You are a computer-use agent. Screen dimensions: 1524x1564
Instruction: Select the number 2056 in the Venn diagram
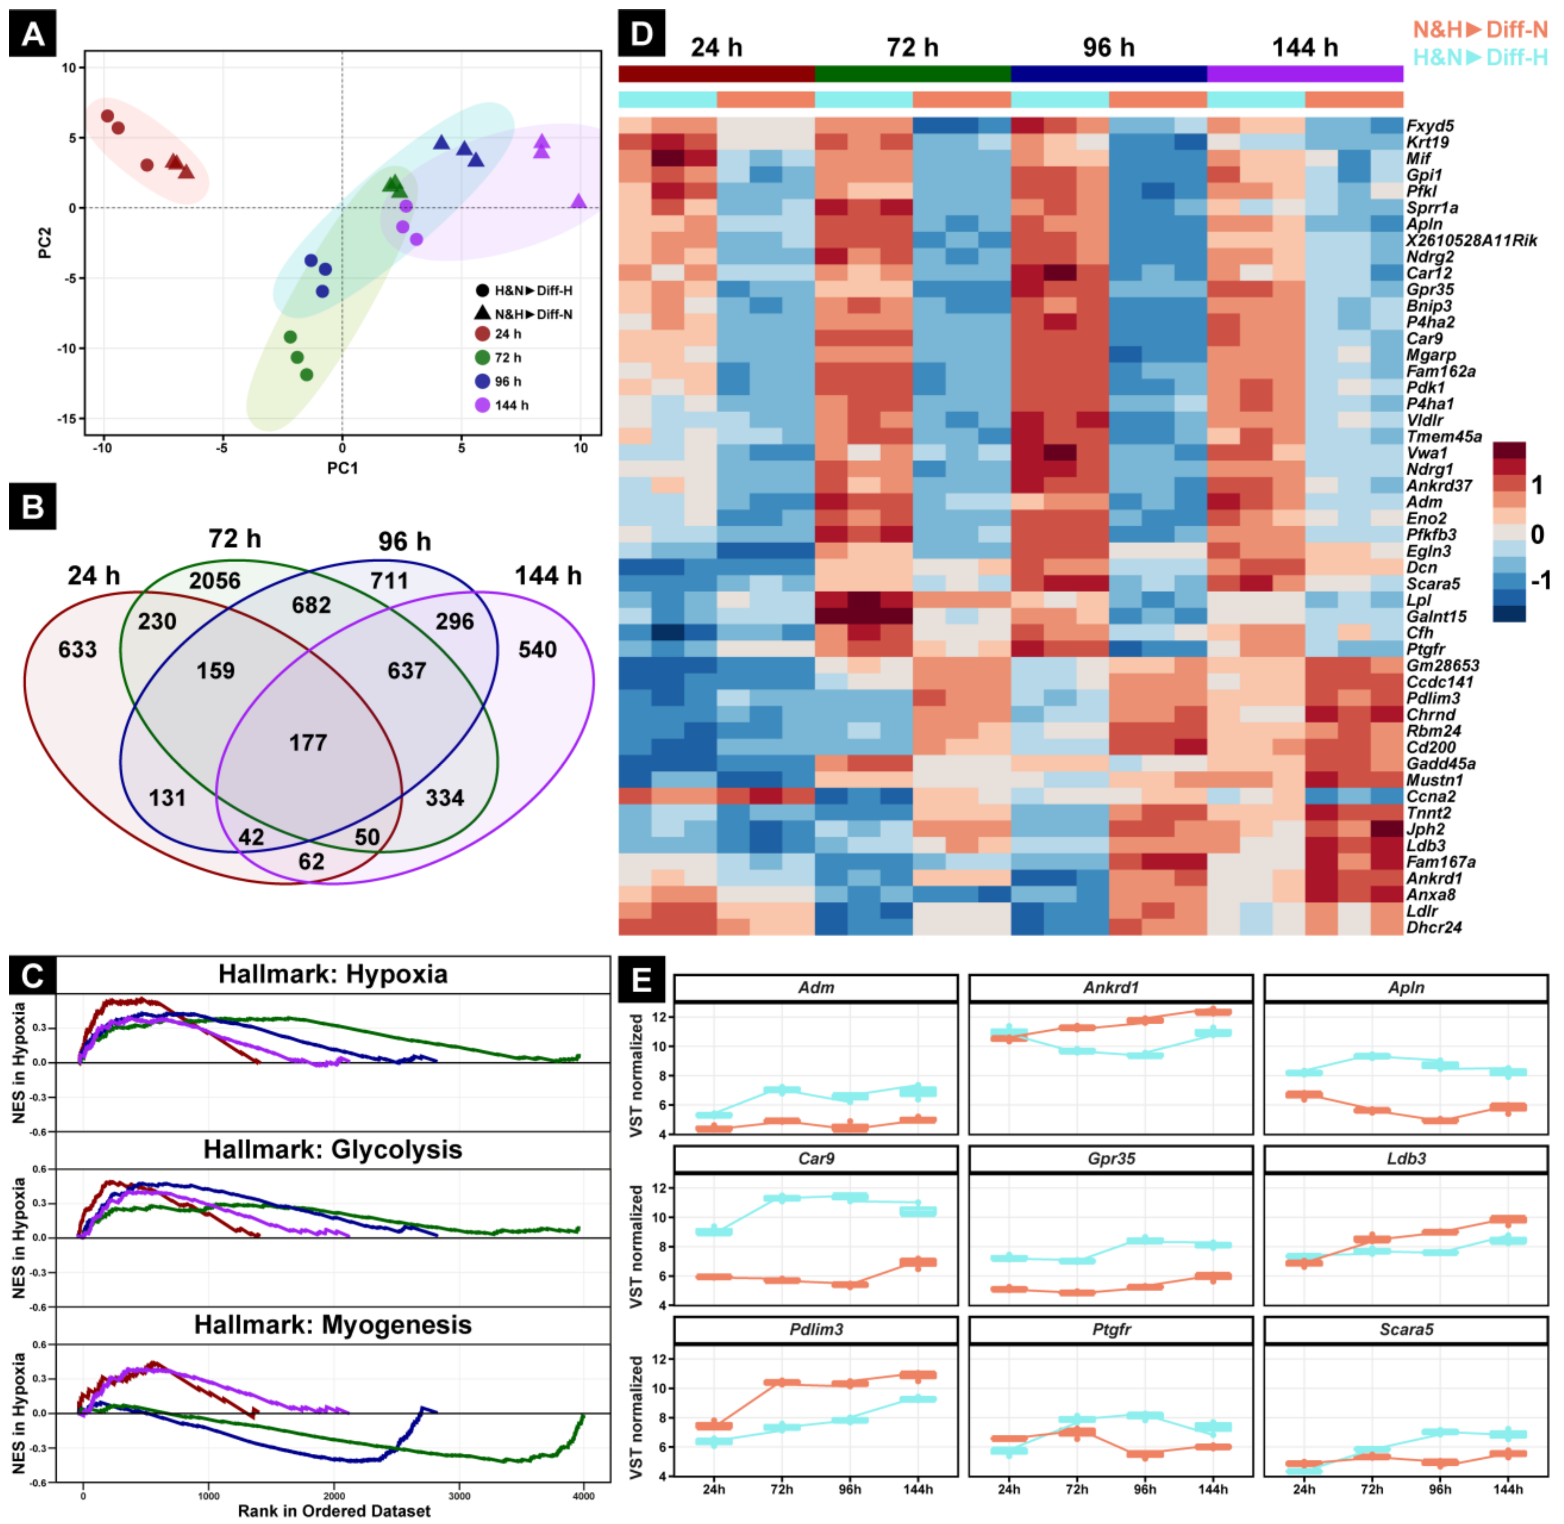click(215, 580)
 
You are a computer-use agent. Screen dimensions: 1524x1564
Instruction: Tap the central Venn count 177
click(308, 743)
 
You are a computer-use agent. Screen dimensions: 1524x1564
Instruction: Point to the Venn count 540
click(537, 649)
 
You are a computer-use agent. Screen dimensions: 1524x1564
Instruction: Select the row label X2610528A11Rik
click(1471, 241)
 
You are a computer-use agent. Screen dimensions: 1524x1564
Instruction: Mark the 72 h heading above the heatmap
click(912, 48)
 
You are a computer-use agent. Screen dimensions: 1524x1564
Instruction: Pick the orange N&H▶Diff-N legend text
click(1480, 30)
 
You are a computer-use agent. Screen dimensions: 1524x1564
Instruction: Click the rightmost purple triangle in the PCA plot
click(579, 201)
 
